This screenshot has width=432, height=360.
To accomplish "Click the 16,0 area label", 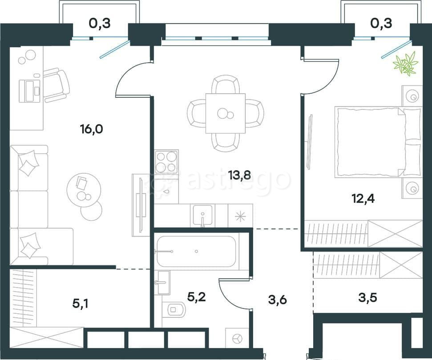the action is pyautogui.click(x=92, y=128).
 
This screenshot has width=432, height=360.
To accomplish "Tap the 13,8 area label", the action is pyautogui.click(x=240, y=175).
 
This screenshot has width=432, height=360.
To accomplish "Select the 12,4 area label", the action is pyautogui.click(x=363, y=198).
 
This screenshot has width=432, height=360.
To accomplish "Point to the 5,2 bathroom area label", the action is pyautogui.click(x=196, y=297).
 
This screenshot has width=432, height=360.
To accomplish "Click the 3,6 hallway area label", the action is pyautogui.click(x=278, y=300).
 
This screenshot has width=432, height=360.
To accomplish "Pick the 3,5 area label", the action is pyautogui.click(x=368, y=297).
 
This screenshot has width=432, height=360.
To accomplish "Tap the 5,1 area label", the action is pyautogui.click(x=81, y=304).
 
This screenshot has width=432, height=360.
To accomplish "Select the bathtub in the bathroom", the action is pyautogui.click(x=196, y=251).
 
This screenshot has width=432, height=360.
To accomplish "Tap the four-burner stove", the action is pyautogui.click(x=166, y=162).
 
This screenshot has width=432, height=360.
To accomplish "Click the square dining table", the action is pyautogui.click(x=226, y=113).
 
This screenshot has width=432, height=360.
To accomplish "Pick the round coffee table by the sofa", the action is pyautogui.click(x=84, y=190).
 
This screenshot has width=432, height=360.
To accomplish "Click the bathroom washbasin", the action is pyautogui.click(x=164, y=282).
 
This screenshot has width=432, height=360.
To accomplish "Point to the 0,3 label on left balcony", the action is pyautogui.click(x=100, y=24).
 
